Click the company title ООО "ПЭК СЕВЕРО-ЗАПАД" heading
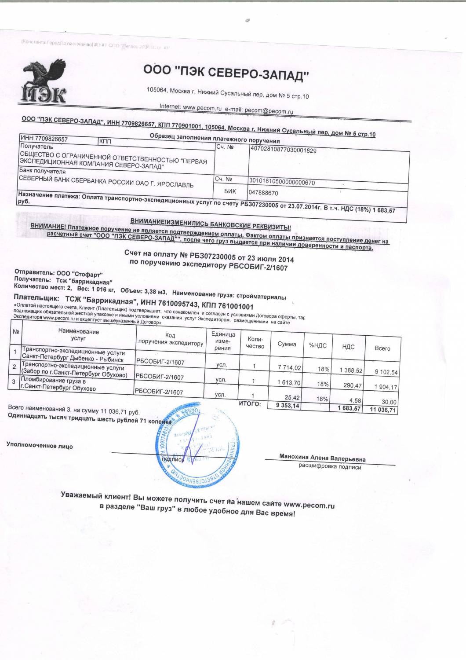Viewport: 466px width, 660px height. pyautogui.click(x=226, y=73)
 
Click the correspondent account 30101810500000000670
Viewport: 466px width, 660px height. pyautogui.click(x=282, y=182)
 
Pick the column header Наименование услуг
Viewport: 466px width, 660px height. pyautogui.click(x=79, y=334)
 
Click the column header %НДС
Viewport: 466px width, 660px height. pyautogui.click(x=317, y=345)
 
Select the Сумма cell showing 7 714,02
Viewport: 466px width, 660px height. pyautogui.click(x=290, y=367)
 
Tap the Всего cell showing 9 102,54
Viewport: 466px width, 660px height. pyautogui.click(x=386, y=372)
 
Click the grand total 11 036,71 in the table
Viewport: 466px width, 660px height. pyautogui.click(x=383, y=410)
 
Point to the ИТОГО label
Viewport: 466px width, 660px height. pyautogui.click(x=250, y=403)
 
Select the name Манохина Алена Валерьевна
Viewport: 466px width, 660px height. pyautogui.click(x=322, y=458)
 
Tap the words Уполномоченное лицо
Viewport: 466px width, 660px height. pyautogui.click(x=40, y=445)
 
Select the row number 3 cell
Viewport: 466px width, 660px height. pyautogui.click(x=14, y=381)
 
